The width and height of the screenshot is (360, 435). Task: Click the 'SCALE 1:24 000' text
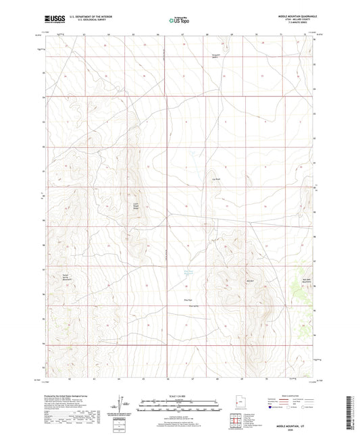[x=179, y=396]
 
